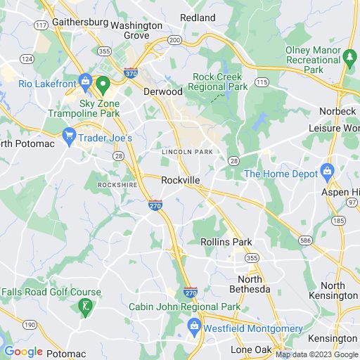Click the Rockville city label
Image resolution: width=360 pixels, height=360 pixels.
(181, 180)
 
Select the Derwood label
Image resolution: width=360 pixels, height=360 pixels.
(162, 91)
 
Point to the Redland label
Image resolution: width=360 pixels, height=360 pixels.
(198, 17)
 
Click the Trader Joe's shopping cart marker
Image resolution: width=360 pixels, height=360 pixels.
(69, 136)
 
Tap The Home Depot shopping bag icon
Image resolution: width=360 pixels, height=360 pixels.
(326, 172)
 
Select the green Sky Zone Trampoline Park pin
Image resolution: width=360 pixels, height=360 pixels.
(103, 86)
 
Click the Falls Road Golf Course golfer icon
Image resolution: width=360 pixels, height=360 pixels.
(85, 307)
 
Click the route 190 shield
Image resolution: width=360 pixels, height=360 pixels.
(30, 325)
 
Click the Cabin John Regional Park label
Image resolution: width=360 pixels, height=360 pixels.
(184, 307)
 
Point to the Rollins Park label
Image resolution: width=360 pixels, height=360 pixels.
(226, 242)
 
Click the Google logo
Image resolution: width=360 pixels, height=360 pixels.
(23, 352)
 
